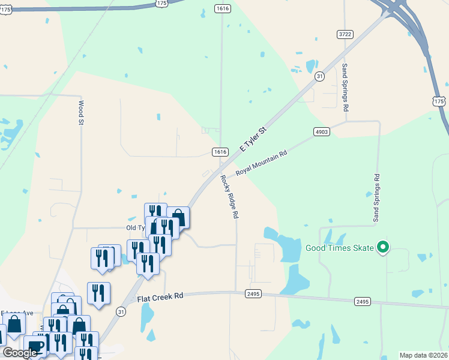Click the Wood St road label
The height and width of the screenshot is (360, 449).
80,112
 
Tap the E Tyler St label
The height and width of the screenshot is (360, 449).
253,139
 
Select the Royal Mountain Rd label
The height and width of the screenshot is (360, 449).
262,163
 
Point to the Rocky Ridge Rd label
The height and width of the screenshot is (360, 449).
229,196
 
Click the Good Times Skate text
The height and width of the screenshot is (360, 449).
339,248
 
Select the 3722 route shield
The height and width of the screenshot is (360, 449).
345,35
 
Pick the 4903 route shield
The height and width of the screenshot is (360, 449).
321,131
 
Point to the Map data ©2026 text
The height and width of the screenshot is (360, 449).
423,355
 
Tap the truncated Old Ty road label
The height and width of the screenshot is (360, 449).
135,228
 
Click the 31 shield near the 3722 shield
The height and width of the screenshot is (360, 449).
319,76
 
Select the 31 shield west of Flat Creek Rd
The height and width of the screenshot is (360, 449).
121,311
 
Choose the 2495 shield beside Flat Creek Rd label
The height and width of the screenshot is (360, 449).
253,293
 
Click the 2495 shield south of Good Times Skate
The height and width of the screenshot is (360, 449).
362,301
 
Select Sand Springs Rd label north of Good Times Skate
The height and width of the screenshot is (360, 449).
376,198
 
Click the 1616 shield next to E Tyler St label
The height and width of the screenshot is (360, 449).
220,152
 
